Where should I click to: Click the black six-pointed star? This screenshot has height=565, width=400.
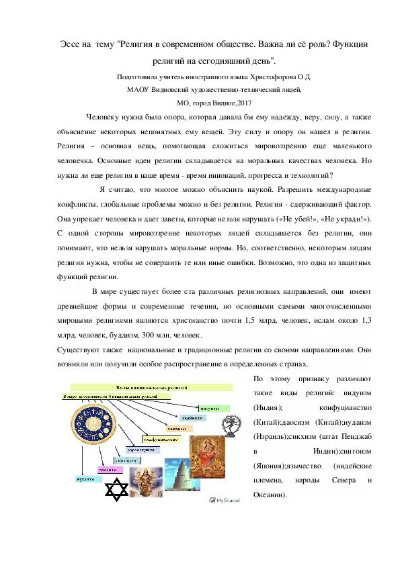click(x=117, y=489)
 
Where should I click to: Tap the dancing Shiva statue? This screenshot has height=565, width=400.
click(x=233, y=422)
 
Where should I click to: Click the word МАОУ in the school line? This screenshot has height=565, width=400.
click(x=137, y=89)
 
